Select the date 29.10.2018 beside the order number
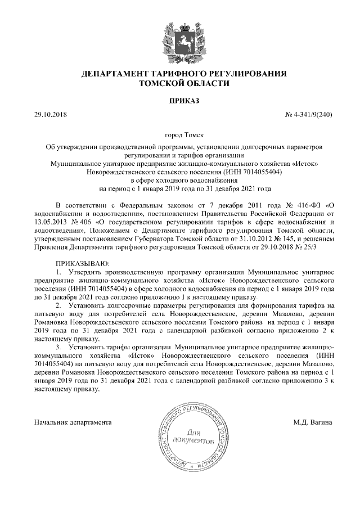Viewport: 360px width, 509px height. click(x=50, y=115)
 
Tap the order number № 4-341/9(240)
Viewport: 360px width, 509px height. click(x=310, y=115)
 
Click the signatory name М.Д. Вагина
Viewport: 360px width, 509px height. click(x=313, y=421)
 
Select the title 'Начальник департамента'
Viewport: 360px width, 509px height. click(x=73, y=421)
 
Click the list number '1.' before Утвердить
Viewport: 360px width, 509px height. click(x=60, y=272)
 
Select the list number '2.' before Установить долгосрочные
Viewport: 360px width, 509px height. click(x=60, y=304)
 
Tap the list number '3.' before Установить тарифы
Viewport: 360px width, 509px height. click(x=60, y=348)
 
